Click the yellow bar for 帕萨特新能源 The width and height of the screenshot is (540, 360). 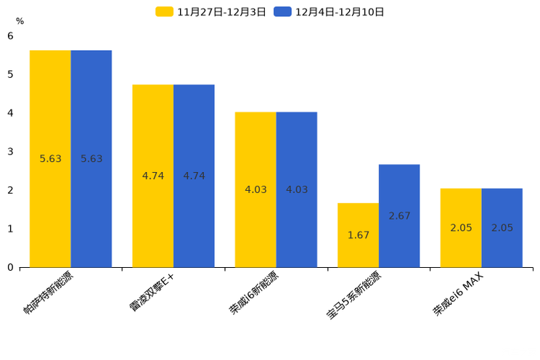click(50, 158)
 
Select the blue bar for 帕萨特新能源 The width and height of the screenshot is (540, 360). click(91, 158)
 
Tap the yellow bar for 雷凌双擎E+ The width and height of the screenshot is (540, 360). click(153, 176)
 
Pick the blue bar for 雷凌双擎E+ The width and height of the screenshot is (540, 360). click(194, 176)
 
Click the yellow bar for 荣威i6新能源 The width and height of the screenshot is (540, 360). click(255, 189)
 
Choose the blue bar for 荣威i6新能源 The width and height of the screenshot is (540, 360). click(297, 189)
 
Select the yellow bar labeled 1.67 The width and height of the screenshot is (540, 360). click(358, 235)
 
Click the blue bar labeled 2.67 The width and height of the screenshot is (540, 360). click(399, 216)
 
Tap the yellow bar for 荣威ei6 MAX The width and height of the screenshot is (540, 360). click(461, 228)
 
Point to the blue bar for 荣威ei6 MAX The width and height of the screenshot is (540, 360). click(502, 228)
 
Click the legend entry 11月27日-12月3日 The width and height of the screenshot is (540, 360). click(211, 12)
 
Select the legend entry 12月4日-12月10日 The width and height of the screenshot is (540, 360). click(330, 12)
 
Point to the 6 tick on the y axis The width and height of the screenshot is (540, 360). click(10, 36)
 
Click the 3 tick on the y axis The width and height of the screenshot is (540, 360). click(10, 152)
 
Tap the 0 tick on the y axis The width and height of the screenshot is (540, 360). click(10, 267)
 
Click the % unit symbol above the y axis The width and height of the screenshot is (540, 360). click(20, 21)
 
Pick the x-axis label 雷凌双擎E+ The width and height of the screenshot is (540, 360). click(153, 292)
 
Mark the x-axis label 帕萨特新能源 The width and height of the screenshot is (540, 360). click(49, 292)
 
